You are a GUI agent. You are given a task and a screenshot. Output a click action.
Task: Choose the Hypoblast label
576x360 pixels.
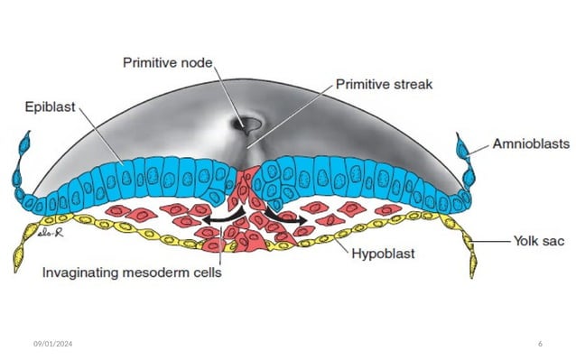(x=382, y=254)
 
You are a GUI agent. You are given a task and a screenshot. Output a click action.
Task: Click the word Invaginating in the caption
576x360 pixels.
(x=84, y=272)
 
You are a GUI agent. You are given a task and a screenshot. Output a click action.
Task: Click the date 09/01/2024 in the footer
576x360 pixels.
(x=52, y=346)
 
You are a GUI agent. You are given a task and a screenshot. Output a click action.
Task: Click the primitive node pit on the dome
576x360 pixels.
(x=247, y=125)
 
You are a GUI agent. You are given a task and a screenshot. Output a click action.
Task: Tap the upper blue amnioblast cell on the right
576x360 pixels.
(x=463, y=145)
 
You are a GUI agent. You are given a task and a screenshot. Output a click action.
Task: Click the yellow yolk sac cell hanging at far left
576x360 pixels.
(x=19, y=259)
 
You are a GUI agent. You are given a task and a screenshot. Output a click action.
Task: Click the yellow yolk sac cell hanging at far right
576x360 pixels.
(x=472, y=263)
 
